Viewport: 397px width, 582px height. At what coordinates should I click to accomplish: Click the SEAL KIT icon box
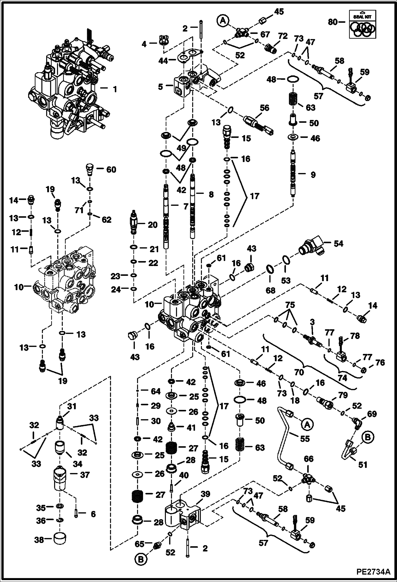click(362, 24)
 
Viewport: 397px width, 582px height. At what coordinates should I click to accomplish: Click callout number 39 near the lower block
click(205, 494)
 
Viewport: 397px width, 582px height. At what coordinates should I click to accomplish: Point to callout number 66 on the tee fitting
click(308, 459)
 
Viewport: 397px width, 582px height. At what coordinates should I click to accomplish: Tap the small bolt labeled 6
click(76, 514)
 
